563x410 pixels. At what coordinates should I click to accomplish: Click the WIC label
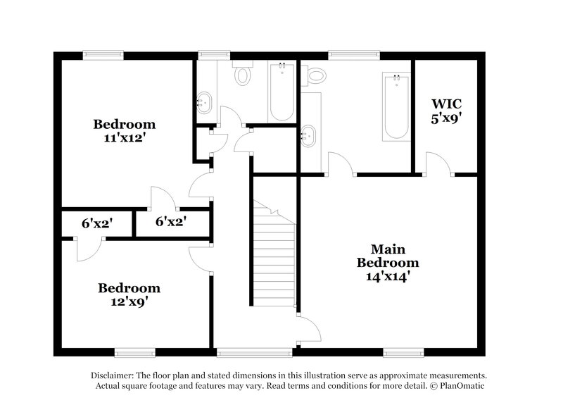(446, 104)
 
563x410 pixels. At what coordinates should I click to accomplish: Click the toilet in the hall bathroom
(243, 75)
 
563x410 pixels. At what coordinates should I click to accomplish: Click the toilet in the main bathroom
(315, 74)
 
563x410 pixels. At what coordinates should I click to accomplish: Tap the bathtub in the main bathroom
(396, 105)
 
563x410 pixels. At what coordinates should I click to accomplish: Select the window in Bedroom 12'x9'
(135, 351)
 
